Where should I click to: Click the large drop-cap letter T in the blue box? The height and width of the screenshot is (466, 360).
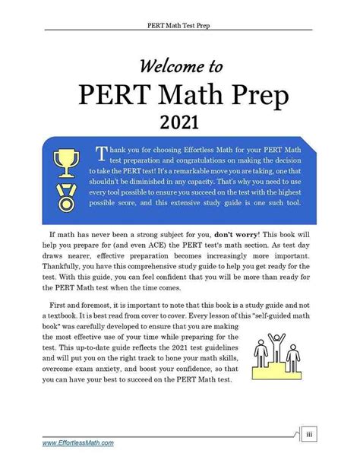tap(100, 154)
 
